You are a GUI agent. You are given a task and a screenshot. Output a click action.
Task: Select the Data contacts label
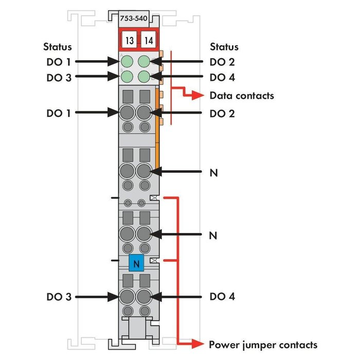point(242,96)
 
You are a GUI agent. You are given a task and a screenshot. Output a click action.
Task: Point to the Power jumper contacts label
point(263,345)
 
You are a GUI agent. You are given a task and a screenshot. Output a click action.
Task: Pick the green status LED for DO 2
point(145,62)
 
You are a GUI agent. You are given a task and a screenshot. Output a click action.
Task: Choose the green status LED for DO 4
point(145,77)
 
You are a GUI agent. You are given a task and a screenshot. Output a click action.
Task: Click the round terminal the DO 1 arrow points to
point(127,113)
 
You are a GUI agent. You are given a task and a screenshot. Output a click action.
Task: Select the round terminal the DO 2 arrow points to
point(145,113)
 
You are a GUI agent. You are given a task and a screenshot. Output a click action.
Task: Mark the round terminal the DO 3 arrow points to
point(127,297)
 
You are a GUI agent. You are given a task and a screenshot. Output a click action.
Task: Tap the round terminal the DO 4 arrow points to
point(145,297)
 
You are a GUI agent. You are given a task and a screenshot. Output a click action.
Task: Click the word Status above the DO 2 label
point(224,47)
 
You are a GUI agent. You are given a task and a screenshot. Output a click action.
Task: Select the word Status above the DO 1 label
point(57,47)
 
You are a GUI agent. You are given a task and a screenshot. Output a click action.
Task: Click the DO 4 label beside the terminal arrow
point(222,297)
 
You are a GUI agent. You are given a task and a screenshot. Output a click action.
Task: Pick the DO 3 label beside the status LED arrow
point(58,78)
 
